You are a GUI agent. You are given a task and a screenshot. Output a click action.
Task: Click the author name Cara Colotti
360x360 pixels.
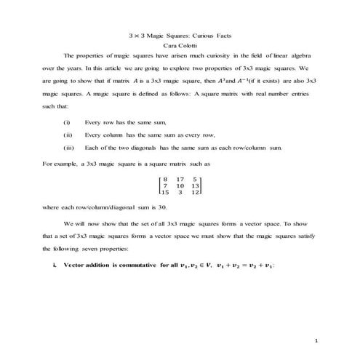(x=180, y=45)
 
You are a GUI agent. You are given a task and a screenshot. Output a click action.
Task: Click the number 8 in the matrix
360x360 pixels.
(x=166, y=178)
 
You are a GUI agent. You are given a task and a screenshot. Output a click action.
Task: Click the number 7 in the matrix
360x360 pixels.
(x=166, y=185)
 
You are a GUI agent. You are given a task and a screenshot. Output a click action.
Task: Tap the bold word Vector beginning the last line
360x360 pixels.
(x=76, y=265)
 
